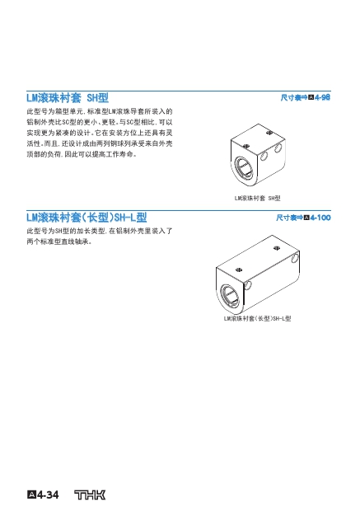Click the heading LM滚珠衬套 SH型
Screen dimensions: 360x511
click(68, 98)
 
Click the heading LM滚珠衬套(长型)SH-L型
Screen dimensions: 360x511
click(86, 218)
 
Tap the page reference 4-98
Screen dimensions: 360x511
click(323, 97)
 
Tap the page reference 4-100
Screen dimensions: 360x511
click(320, 218)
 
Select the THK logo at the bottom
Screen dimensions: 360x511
click(90, 495)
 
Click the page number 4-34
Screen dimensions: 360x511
click(43, 495)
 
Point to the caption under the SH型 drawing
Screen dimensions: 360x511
click(257, 198)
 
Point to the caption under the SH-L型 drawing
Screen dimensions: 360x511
click(257, 318)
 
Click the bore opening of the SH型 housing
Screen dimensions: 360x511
click(244, 167)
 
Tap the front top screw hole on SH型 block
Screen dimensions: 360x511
click(246, 147)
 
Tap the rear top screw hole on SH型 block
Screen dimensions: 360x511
click(269, 133)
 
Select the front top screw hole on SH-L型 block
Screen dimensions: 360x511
click(239, 270)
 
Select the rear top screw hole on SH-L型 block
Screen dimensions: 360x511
click(277, 248)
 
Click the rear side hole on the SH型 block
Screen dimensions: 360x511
click(278, 148)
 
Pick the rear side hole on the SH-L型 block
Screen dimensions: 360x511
click(295, 258)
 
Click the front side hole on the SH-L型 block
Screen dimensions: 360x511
click(248, 285)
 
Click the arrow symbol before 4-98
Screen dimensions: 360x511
click(304, 97)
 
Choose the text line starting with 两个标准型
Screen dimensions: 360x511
click(59, 241)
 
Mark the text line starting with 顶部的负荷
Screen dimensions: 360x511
click(82, 154)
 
